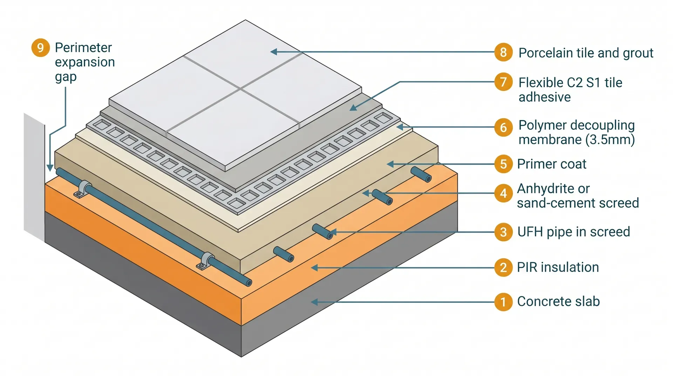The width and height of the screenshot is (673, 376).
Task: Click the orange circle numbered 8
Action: tap(503, 52)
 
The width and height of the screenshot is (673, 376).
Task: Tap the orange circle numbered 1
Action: tap(503, 302)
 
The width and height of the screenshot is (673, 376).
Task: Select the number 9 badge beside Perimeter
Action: tap(40, 47)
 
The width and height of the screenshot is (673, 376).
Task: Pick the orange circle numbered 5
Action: tap(503, 164)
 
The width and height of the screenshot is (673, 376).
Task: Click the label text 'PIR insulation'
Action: tap(558, 267)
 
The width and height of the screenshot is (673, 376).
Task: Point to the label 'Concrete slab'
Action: tap(558, 302)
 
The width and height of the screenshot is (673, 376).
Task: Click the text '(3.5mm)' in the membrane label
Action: tap(610, 140)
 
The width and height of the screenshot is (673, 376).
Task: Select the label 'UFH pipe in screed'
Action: tap(573, 232)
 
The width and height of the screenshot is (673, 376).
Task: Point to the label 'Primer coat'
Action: tap(551, 164)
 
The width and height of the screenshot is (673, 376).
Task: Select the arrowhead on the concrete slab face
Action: tap(314, 302)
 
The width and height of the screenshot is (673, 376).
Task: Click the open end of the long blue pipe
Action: tap(249, 282)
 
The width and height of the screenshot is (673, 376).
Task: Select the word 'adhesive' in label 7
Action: tap(544, 97)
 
